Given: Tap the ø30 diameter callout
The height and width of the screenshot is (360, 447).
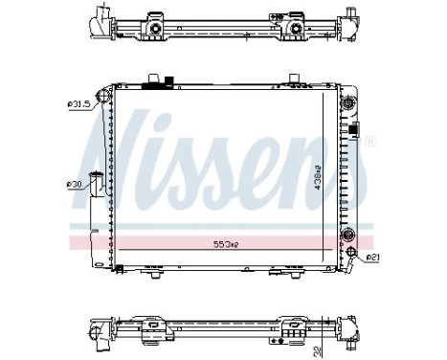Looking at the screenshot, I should pyautogui.click(x=74, y=183).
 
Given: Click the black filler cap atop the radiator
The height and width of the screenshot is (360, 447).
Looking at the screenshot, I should pyautogui.click(x=153, y=84).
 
